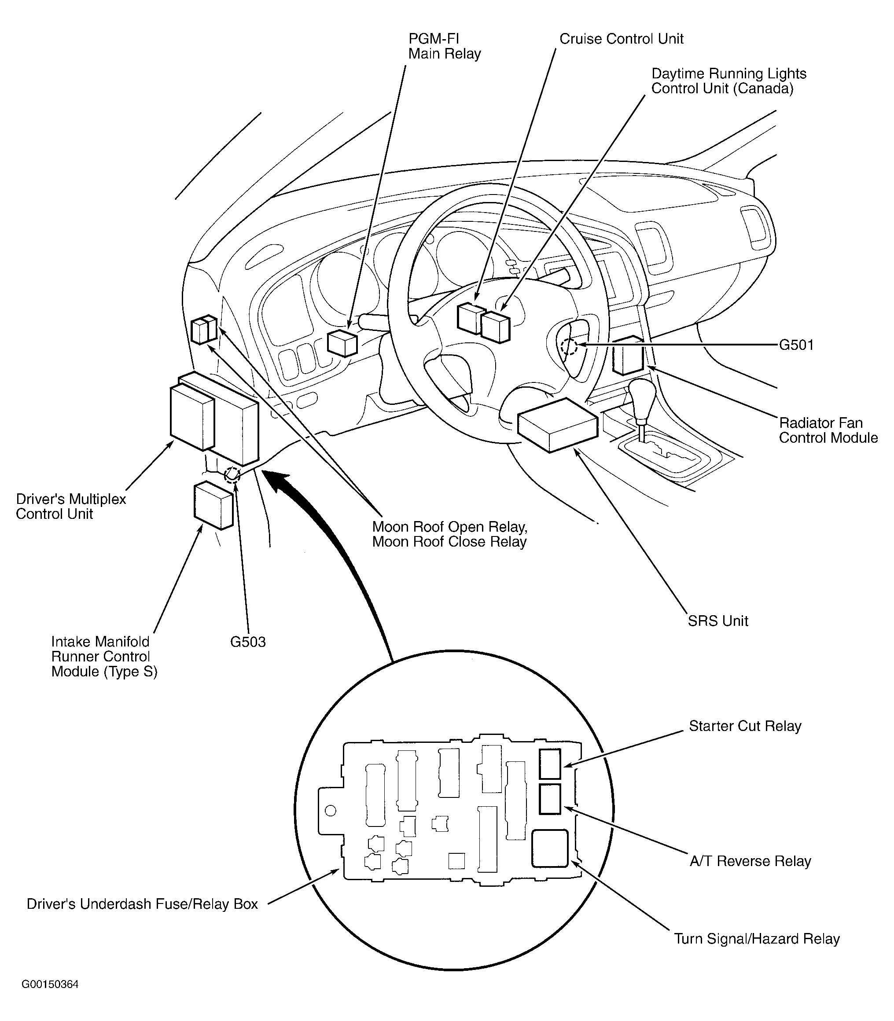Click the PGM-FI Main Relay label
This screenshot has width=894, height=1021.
(444, 46)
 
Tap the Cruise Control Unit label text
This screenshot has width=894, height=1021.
(621, 39)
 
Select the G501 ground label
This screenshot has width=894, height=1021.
(796, 345)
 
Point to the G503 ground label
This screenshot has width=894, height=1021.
(247, 642)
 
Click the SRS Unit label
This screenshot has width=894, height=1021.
(718, 621)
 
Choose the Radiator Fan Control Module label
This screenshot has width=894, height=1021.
(828, 430)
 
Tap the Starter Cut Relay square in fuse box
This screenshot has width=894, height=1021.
(550, 764)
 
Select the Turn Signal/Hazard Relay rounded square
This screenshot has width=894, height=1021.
(550, 848)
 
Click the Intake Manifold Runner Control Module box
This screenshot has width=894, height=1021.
(213, 505)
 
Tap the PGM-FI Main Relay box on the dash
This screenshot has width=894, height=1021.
(342, 343)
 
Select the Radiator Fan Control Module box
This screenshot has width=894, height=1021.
(628, 355)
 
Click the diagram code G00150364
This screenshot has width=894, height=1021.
(50, 984)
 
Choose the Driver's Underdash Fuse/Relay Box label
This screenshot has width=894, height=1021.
(142, 904)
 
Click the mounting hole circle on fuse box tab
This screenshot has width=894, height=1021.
(330, 811)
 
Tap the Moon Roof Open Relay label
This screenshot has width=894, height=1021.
(449, 527)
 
